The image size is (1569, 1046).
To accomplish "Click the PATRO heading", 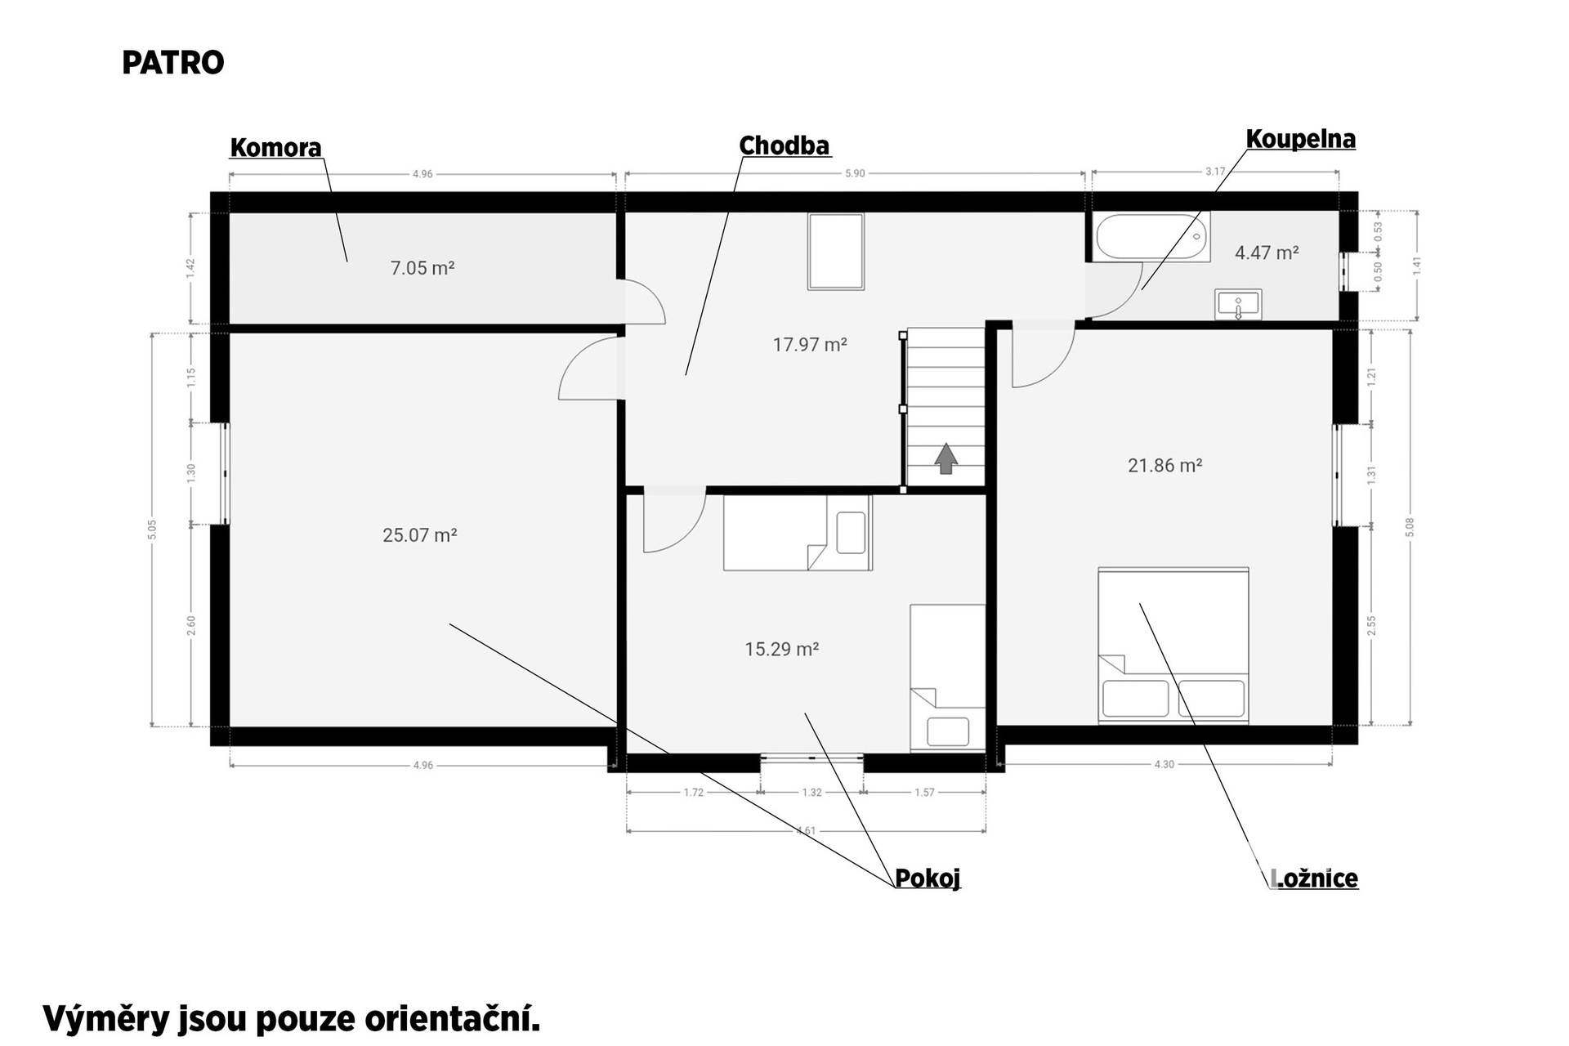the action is [x=173, y=63].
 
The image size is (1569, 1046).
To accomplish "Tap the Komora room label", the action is [x=276, y=148].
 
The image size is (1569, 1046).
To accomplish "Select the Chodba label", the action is [x=784, y=146].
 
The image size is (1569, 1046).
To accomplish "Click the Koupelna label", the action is [x=1301, y=140].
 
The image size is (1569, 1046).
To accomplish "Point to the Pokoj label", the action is [x=928, y=878].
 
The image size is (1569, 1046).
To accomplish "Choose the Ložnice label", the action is [x=1315, y=878].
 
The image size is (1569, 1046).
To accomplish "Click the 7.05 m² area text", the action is [x=422, y=268].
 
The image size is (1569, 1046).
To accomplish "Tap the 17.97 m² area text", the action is [x=810, y=345].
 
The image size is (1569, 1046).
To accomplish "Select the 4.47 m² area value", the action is [x=1267, y=253].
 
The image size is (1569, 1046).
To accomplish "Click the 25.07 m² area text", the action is [x=420, y=535].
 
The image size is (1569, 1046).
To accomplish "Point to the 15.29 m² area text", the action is [x=782, y=649].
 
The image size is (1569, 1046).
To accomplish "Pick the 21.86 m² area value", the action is [x=1165, y=466].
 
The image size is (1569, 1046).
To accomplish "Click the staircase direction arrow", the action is [x=946, y=458].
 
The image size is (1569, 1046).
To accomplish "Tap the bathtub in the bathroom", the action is [x=1152, y=237].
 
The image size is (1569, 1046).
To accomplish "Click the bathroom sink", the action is [x=1239, y=305].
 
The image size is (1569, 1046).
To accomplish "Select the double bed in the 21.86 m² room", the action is [x=1173, y=646].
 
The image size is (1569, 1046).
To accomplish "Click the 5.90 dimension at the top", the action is [x=855, y=173].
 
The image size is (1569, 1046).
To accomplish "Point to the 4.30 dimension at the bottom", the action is [x=1164, y=765].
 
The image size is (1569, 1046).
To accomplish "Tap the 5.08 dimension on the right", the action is [x=1410, y=527].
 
